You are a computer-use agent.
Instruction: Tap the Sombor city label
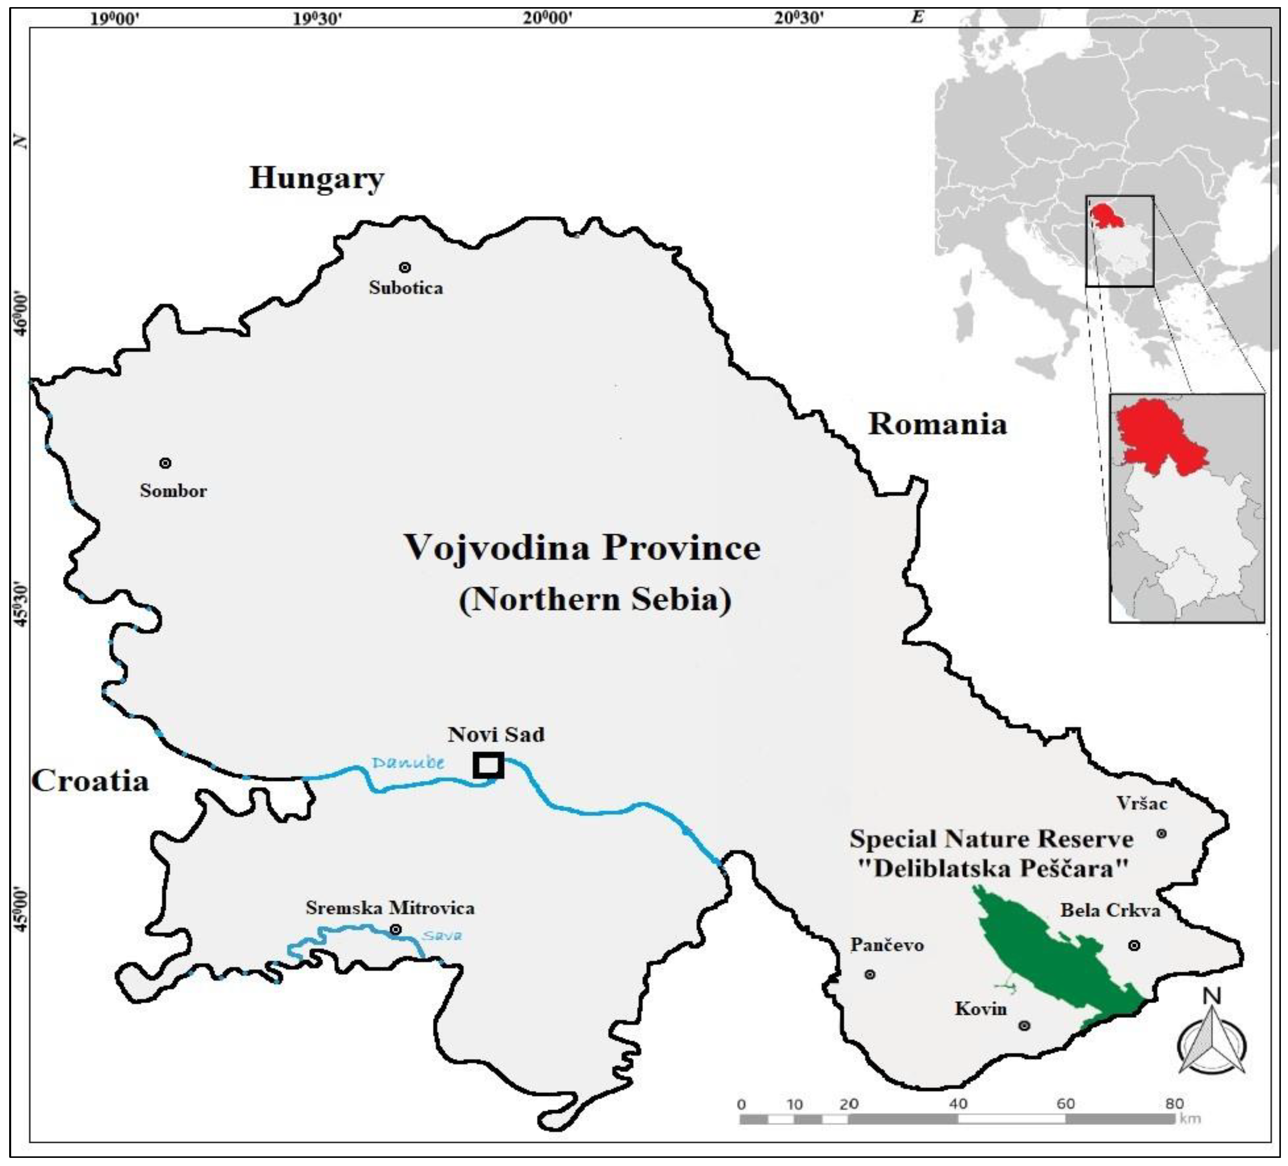coord(173,491)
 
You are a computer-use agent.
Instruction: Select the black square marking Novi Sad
coord(489,765)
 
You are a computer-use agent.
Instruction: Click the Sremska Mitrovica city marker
coord(396,929)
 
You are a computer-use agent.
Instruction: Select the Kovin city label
coord(980,1009)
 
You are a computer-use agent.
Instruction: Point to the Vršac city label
coord(1142,803)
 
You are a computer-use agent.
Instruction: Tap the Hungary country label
coord(316,178)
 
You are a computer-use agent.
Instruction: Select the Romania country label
coord(937,424)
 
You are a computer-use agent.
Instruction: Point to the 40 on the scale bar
coord(958,1104)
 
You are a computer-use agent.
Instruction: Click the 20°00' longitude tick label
coord(548,17)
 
